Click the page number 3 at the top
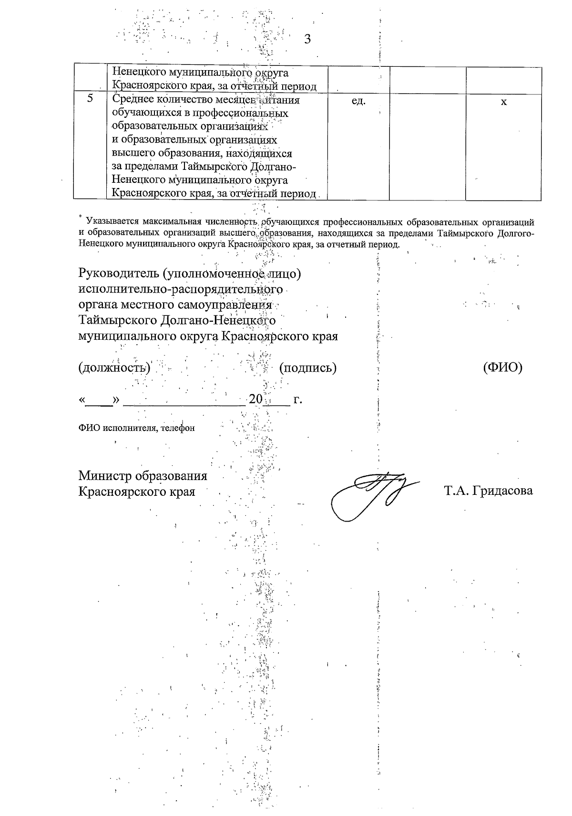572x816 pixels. [x=307, y=39]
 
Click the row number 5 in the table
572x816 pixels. [x=90, y=99]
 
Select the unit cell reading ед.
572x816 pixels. [x=358, y=101]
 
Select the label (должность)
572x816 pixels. [x=114, y=368]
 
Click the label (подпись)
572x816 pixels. [x=308, y=368]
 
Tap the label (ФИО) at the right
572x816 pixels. [x=502, y=367]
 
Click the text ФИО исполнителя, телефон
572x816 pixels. [x=137, y=429]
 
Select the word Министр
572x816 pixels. [x=105, y=476]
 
